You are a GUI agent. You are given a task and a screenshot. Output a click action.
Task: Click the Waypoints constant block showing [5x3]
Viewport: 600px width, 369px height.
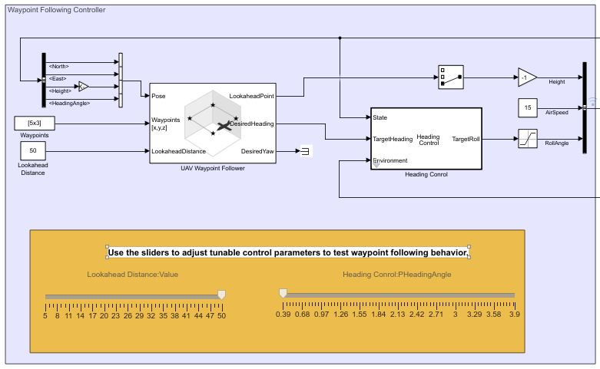(x=35, y=123)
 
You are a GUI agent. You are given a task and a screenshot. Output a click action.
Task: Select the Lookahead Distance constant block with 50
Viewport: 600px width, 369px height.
(x=33, y=150)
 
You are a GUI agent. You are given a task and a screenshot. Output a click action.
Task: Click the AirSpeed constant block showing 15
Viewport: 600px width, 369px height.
(x=528, y=109)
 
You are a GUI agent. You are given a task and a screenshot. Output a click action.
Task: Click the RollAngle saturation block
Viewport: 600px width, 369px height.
(x=528, y=139)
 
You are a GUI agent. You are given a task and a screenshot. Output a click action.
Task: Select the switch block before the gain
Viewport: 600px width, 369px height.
(x=451, y=77)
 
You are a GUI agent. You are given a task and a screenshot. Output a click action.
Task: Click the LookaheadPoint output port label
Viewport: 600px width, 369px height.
(x=251, y=96)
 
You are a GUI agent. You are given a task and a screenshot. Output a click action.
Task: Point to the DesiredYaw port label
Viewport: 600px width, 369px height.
(x=257, y=151)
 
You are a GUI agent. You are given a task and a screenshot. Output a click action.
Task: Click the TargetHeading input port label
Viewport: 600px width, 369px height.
(x=393, y=139)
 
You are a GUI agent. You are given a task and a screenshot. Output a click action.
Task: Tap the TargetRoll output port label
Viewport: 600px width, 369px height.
(x=465, y=139)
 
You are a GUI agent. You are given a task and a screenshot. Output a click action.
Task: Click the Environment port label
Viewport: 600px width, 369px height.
(x=390, y=160)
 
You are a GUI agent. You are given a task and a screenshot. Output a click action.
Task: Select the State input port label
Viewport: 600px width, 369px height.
(x=380, y=118)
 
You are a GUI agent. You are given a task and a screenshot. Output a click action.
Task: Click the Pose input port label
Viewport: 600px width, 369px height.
(x=159, y=96)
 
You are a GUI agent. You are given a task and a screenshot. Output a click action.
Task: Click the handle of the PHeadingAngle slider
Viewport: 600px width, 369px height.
(x=283, y=292)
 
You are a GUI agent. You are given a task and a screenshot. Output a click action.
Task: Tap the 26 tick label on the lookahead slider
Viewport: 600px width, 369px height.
(x=128, y=315)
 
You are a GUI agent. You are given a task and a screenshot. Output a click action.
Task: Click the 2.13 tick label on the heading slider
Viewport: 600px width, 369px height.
(x=395, y=315)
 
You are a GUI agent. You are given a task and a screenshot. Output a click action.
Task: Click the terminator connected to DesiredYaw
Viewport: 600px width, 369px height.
(x=305, y=151)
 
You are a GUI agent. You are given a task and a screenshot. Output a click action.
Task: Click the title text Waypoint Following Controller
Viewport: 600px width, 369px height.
(x=57, y=10)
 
